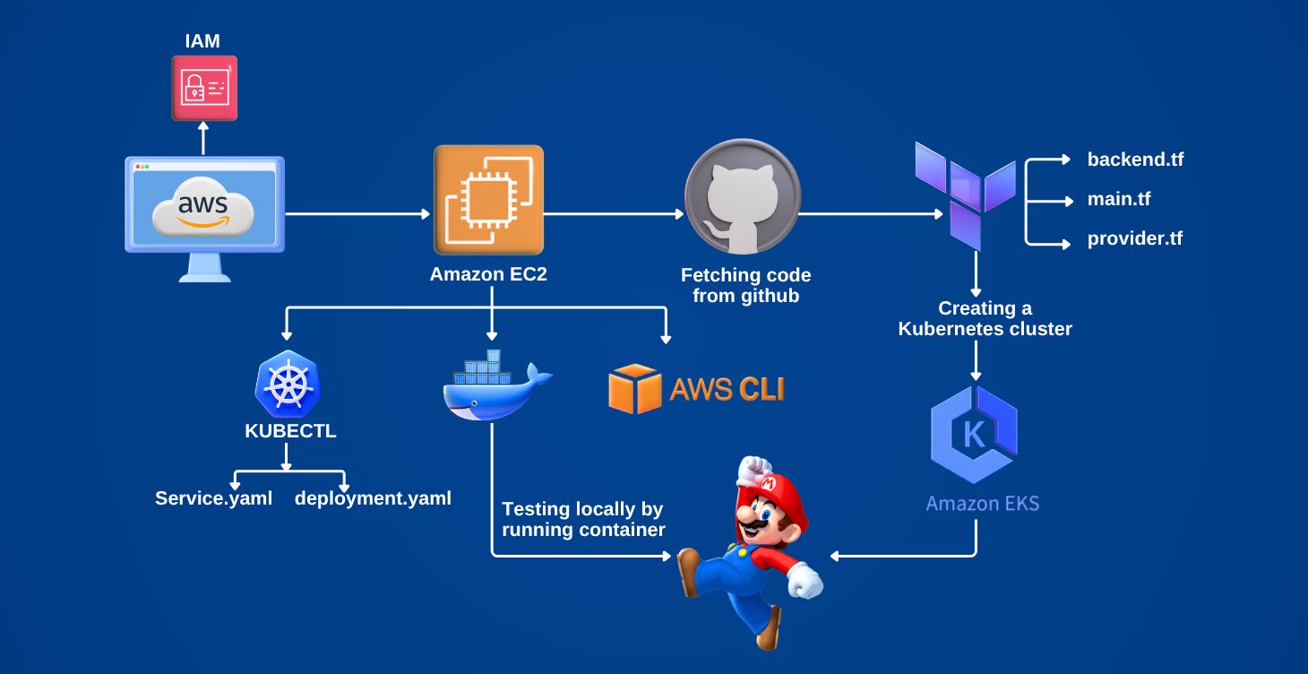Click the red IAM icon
point(204,88)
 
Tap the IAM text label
point(202,40)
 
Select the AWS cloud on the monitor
point(203,209)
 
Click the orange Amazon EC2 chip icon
point(488,201)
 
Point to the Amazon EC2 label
point(488,275)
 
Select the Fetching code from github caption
point(745,285)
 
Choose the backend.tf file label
point(1135,160)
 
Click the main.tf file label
point(1119,199)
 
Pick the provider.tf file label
point(1135,239)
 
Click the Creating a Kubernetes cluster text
point(985,318)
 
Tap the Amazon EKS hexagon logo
point(974,436)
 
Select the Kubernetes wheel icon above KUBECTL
point(288,386)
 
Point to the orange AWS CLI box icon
point(634,388)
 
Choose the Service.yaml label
point(213,498)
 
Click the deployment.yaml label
point(373,498)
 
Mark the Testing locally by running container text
point(583,519)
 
